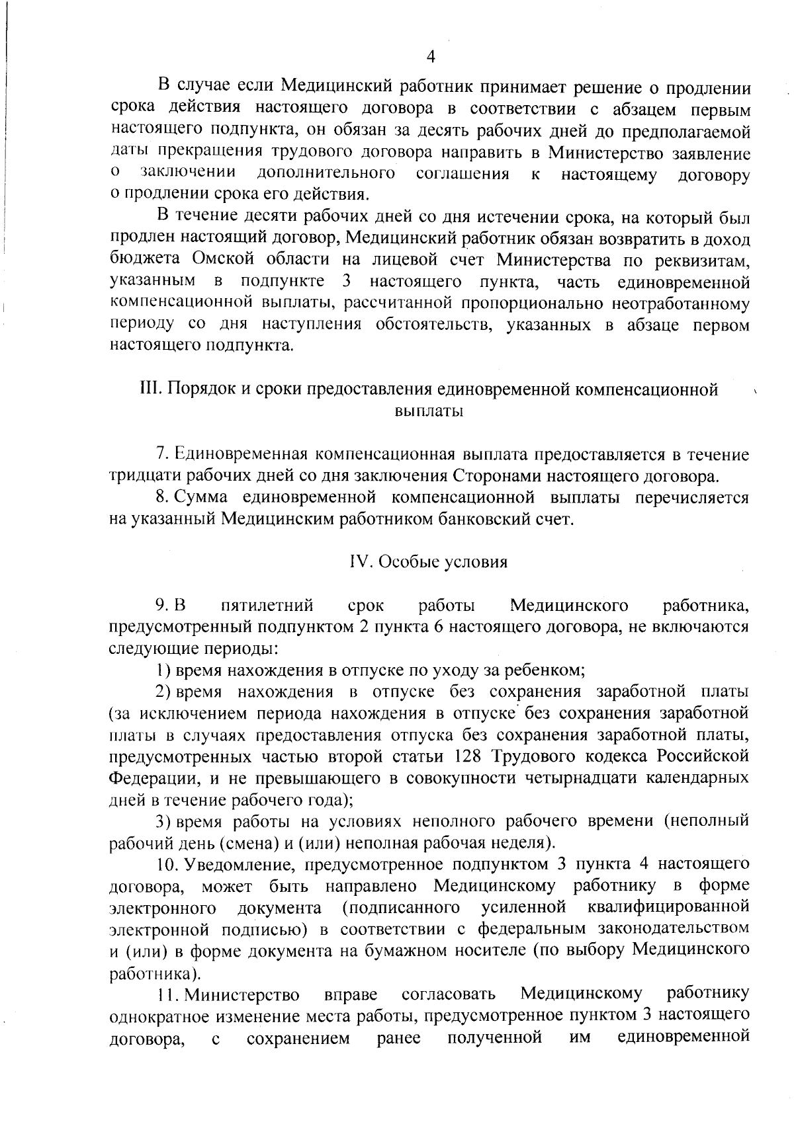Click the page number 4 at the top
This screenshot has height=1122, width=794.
(x=431, y=58)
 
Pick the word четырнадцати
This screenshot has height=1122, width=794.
(x=579, y=778)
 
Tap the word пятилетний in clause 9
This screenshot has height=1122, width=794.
(x=267, y=605)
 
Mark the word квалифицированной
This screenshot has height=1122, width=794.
(x=668, y=907)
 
